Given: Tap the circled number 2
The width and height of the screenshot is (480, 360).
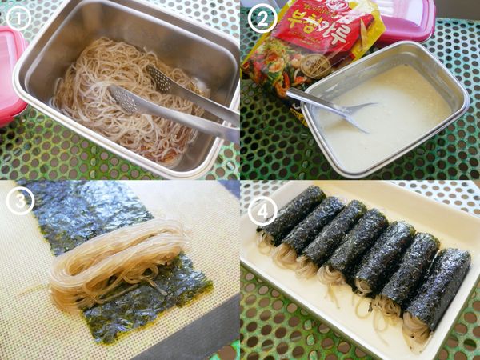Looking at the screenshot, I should click(262, 18).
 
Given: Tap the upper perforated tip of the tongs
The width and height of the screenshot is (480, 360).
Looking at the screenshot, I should click(161, 80).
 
